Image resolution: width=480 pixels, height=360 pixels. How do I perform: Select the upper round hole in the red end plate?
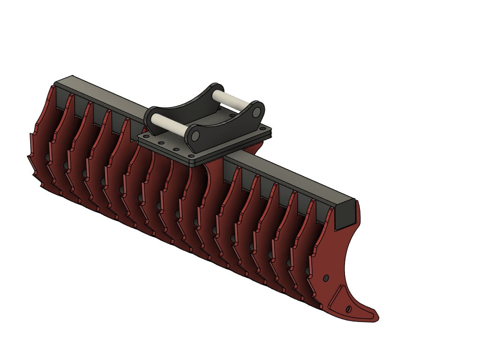[x=326, y=278]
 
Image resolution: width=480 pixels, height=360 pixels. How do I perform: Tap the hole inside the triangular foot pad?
[x=348, y=309]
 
